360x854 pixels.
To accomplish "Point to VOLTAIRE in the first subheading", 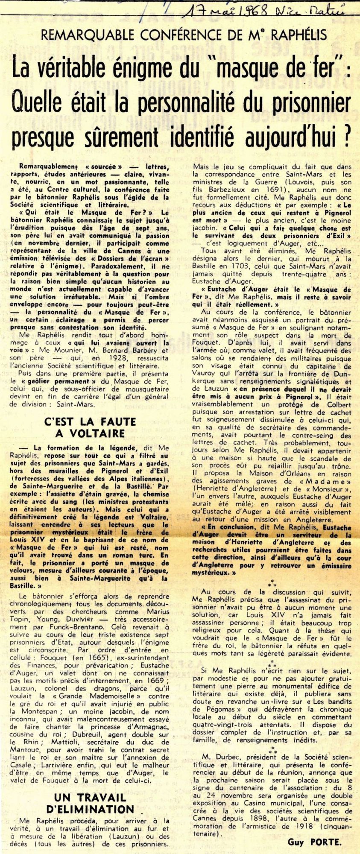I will pos(90,433).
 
